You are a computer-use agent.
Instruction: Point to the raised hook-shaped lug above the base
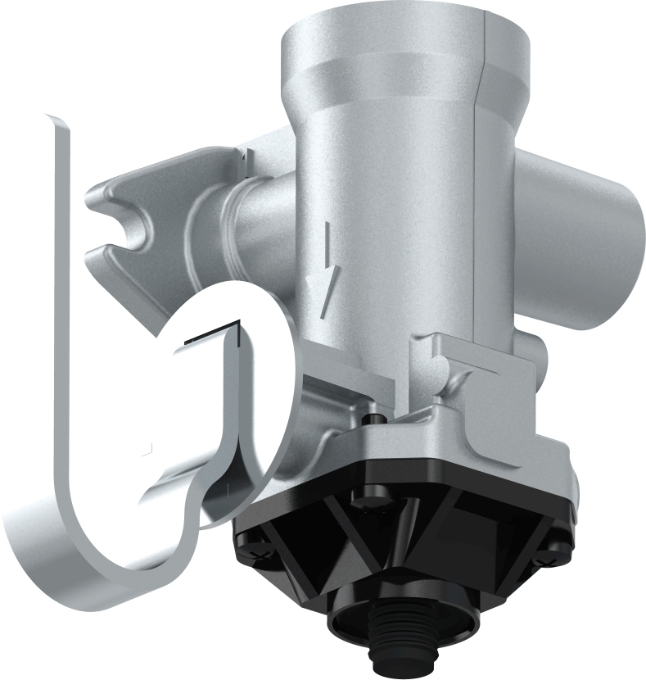click(x=446, y=360)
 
